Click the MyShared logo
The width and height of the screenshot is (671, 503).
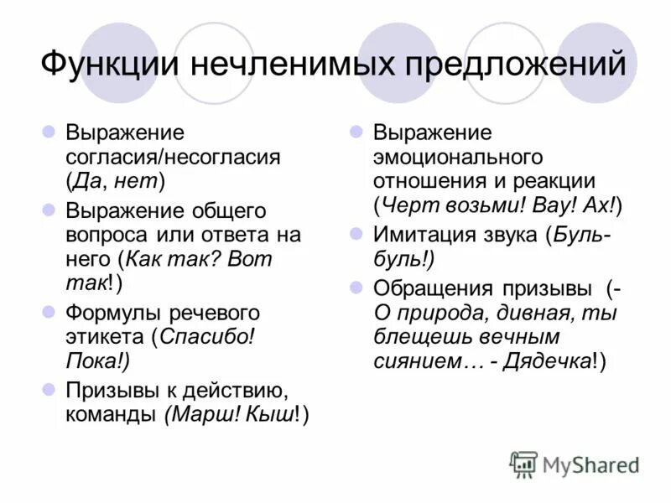(x=575, y=464)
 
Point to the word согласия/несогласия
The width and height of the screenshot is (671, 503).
(x=173, y=157)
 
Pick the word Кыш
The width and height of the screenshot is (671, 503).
(x=272, y=415)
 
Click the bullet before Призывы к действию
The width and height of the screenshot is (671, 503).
(x=49, y=390)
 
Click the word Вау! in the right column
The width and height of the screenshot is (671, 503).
(x=556, y=205)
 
